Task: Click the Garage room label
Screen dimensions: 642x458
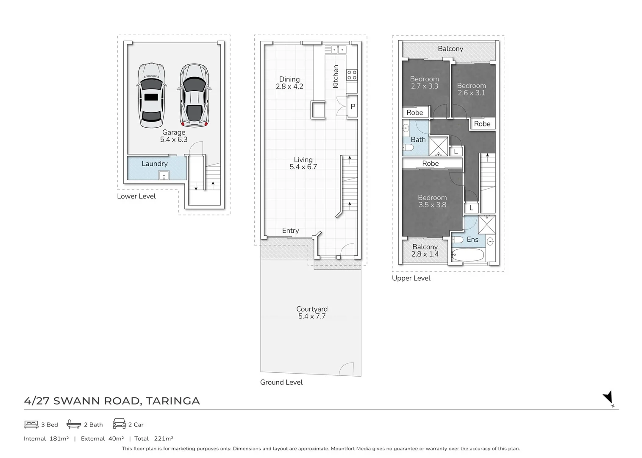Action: [x=174, y=136]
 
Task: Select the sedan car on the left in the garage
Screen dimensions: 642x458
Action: [x=151, y=95]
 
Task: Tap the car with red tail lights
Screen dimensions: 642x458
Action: [x=195, y=95]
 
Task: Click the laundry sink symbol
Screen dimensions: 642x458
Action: [x=164, y=175]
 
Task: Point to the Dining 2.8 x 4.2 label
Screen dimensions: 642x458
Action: [x=289, y=83]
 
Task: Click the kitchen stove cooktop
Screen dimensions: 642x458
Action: [x=352, y=75]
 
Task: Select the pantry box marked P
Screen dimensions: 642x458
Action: [x=353, y=106]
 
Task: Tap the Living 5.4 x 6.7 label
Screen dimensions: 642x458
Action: [x=303, y=163]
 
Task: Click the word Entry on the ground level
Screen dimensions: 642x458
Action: [x=290, y=231]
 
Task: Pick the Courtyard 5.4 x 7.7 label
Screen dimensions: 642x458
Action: [x=312, y=313]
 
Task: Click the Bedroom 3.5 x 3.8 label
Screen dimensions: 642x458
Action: [x=432, y=201]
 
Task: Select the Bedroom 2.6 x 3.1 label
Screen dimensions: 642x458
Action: [x=472, y=89]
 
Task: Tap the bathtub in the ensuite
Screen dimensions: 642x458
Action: [x=468, y=255]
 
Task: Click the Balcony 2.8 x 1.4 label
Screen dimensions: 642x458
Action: [x=425, y=250]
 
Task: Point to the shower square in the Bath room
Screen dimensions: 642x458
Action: [x=438, y=146]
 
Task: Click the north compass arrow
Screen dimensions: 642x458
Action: [x=609, y=398]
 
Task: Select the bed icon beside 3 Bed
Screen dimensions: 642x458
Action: [x=31, y=424]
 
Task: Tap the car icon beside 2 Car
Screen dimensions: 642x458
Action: [x=119, y=424]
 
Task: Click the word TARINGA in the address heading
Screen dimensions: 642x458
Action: [x=173, y=401]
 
